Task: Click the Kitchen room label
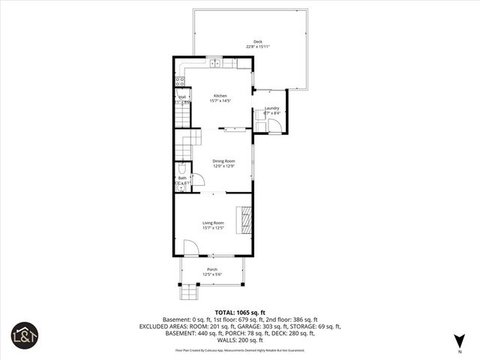pos(220,95)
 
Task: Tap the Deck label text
pos(257,41)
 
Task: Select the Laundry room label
pos(271,108)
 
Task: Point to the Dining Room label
pos(223,160)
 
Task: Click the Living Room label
pos(213,223)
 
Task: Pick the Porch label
pos(211,269)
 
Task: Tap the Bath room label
pos(182,178)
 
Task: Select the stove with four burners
pos(180,82)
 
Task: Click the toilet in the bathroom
pos(180,168)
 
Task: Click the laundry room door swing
pos(274,126)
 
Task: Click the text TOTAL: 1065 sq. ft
pos(239,311)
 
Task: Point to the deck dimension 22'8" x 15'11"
pos(257,46)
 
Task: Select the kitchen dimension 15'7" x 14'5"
pos(220,100)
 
